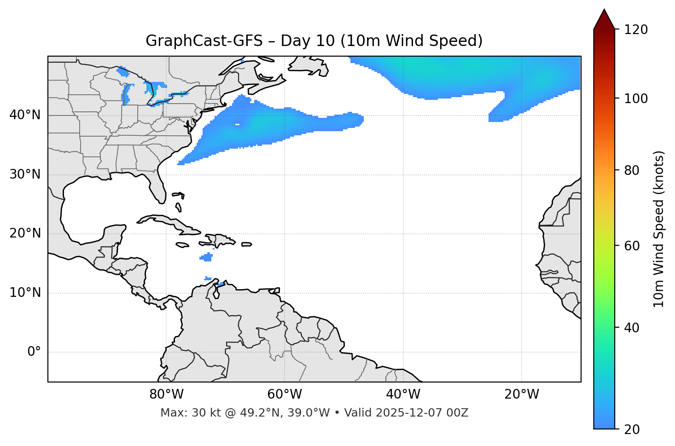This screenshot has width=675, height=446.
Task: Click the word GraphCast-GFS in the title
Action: tap(204, 41)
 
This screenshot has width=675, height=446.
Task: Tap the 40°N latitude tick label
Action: tap(25, 115)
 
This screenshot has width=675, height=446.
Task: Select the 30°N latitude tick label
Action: tap(25, 174)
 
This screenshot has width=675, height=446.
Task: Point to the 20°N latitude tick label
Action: tap(25, 233)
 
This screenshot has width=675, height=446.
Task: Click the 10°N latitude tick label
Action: tap(25, 293)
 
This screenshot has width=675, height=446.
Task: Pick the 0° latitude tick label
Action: tap(34, 352)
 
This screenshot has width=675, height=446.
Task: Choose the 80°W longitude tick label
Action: tap(166, 394)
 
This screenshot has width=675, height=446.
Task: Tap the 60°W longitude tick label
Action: tap(285, 394)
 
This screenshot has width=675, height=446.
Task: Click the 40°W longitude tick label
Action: tap(403, 394)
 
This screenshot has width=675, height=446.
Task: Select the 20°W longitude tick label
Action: tap(521, 394)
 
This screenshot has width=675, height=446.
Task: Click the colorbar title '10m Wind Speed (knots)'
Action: tap(659, 229)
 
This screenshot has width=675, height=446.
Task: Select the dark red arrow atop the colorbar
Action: tap(604, 20)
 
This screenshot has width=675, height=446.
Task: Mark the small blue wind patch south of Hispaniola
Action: tap(207, 257)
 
